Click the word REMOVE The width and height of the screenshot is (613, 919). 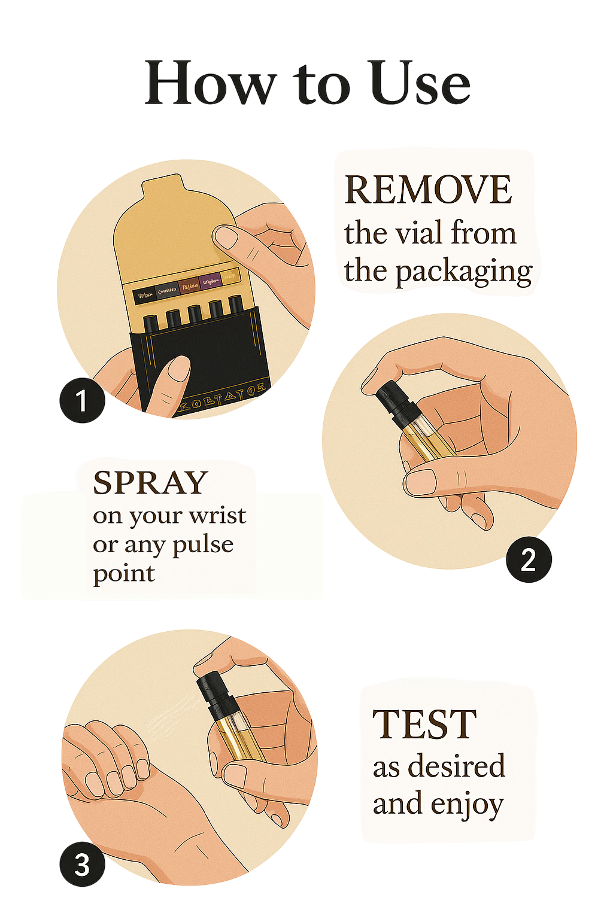click(428, 191)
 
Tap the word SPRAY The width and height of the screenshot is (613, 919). click(150, 483)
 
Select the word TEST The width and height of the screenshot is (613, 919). click(424, 725)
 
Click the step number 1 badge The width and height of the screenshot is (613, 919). click(82, 400)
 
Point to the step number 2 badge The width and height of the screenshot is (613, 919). click(528, 560)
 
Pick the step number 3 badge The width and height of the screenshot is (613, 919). click(82, 865)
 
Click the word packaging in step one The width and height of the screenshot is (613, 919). click(464, 272)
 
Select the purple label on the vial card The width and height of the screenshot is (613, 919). click(209, 281)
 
